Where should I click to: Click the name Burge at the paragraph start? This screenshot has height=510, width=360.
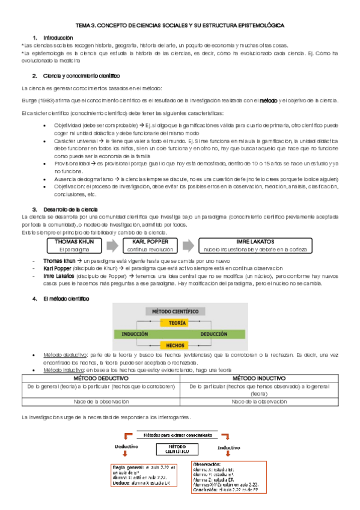pos(28,100)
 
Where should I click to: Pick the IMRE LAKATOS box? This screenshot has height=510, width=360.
pos(255,244)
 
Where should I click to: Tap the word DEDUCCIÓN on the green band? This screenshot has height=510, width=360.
pos(213,334)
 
